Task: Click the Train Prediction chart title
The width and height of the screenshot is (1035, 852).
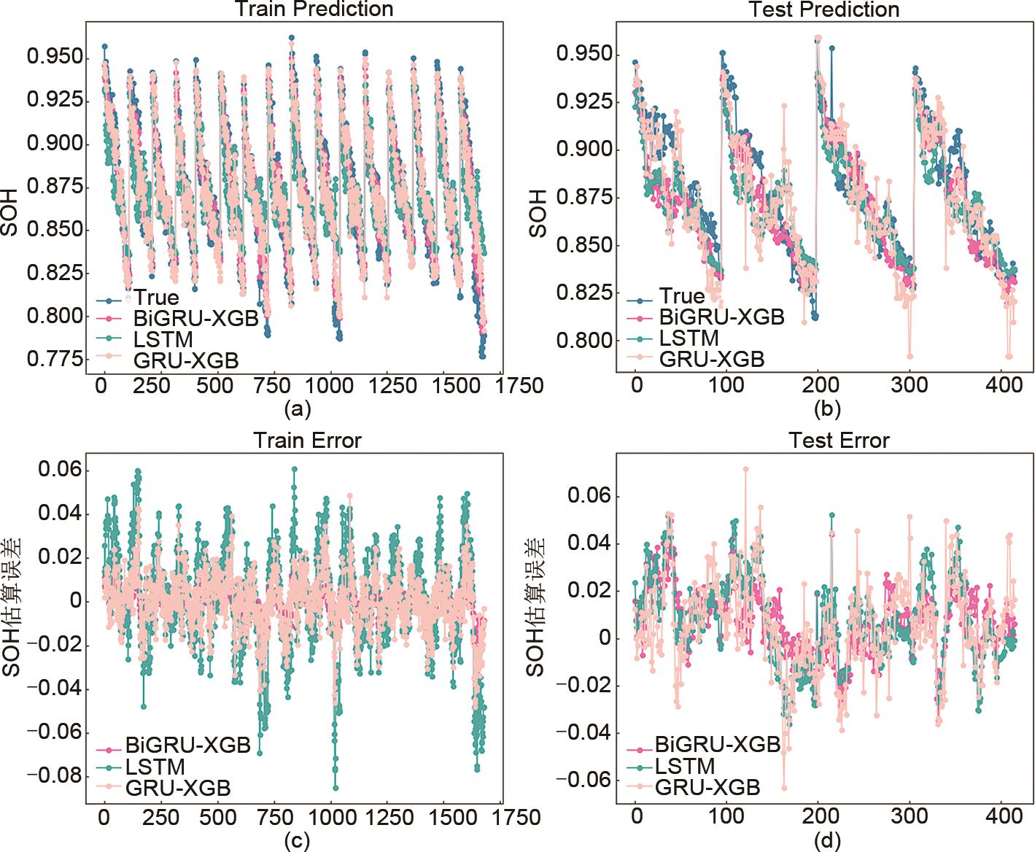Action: [314, 9]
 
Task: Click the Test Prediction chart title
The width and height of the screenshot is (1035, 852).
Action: [824, 9]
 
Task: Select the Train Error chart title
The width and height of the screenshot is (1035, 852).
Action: [307, 441]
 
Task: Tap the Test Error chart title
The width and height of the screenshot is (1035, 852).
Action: [839, 441]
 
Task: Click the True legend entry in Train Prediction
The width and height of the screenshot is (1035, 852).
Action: [155, 298]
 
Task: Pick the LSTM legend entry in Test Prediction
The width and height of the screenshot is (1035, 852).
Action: [689, 338]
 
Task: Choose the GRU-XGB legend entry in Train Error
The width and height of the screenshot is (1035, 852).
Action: [178, 788]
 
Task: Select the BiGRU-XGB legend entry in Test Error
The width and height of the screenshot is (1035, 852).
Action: [718, 745]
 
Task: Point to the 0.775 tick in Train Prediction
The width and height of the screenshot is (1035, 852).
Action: [54, 359]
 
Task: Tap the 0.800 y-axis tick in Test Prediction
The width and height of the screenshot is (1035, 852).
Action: [585, 341]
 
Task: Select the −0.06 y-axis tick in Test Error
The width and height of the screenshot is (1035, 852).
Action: [583, 780]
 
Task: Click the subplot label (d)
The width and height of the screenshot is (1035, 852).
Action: [826, 841]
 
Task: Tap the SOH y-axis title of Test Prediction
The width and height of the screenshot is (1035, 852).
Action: [538, 214]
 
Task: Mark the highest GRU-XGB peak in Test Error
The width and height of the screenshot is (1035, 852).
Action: [745, 468]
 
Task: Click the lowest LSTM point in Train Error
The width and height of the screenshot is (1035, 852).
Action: [336, 788]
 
